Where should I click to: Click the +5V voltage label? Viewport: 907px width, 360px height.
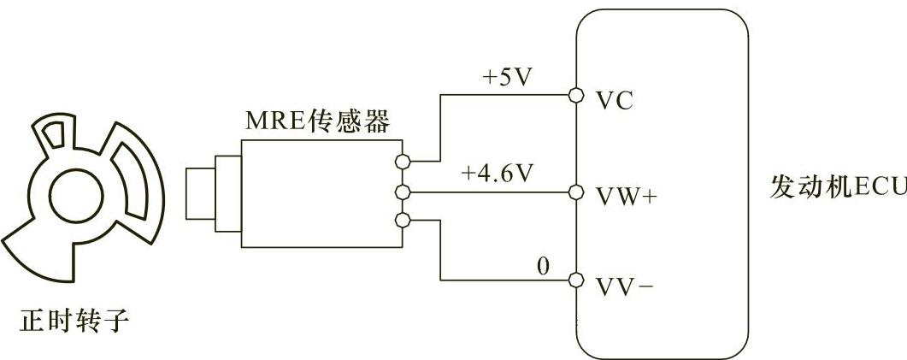coord(507,77)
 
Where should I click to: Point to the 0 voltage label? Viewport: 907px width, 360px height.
coord(542,265)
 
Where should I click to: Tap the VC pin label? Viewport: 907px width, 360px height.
coord(614,101)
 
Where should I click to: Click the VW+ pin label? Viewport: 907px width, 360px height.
coord(626,196)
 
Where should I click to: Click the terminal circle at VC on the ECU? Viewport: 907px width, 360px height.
coord(576,93)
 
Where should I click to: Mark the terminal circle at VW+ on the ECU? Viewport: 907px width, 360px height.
coord(576,191)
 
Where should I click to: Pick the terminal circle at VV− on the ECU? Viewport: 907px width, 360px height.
coord(576,280)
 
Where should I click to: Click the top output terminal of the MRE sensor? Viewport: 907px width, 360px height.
coord(404,160)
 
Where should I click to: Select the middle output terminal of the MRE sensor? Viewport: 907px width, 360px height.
coord(404,191)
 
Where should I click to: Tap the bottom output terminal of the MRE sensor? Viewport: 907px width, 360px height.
coord(404,222)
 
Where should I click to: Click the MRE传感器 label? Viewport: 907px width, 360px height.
coord(317,121)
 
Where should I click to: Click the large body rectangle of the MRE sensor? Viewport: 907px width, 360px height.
coord(321,193)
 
